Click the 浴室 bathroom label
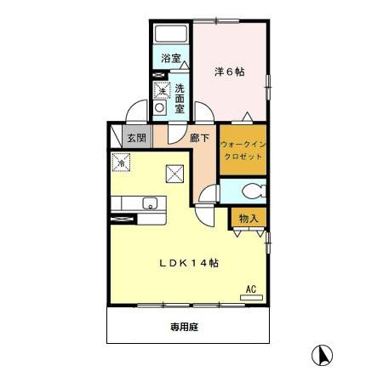pyautogui.click(x=171, y=59)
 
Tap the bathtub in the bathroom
pyautogui.click(x=171, y=34)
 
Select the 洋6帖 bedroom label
pyautogui.click(x=229, y=71)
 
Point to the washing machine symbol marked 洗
pyautogui.click(x=162, y=90)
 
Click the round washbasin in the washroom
pyautogui.click(x=159, y=107)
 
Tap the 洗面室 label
pyautogui.click(x=180, y=99)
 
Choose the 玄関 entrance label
pyautogui.click(x=137, y=138)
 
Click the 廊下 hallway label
pyautogui.click(x=199, y=138)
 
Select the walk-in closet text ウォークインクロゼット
pyautogui.click(x=243, y=151)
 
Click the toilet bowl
pyautogui.click(x=254, y=191)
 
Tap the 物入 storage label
pyautogui.click(x=249, y=219)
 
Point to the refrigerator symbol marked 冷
pyautogui.click(x=121, y=163)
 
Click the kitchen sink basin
pyautogui.click(x=150, y=203)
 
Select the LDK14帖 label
pyautogui.click(x=189, y=263)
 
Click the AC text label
pyautogui.click(x=251, y=289)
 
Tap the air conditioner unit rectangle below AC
pyautogui.click(x=251, y=298)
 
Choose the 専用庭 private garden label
pyautogui.click(x=184, y=327)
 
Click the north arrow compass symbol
pyautogui.click(x=322, y=355)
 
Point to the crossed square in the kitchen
pyautogui.click(x=174, y=174)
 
